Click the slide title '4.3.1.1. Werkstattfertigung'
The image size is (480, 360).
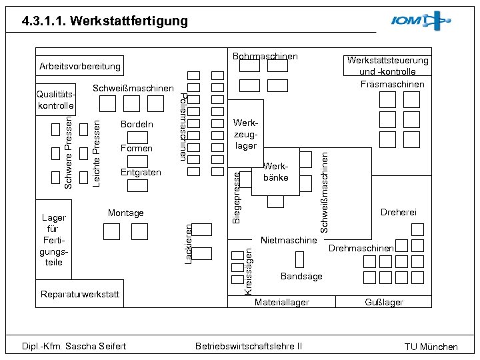pos(105,21)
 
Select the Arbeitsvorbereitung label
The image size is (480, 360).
pos(80,66)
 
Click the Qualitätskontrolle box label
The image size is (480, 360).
pos(55,100)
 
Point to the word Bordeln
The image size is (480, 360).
pos(137,124)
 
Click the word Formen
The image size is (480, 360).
pos(137,148)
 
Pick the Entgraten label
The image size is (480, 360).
pos(141,172)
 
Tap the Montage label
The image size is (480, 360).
pos(125,213)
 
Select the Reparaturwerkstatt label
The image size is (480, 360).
pos(80,294)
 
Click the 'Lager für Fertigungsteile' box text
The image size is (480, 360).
pos(53,240)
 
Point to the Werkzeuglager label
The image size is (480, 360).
pos(246,135)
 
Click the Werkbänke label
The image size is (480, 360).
pos(275,171)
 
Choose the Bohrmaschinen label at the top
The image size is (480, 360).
pos(265,57)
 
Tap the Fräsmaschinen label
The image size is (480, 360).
pos(392,84)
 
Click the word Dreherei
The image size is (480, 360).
pos(398,212)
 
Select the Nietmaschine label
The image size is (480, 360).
pos(289,240)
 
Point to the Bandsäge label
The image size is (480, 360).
pos(301,276)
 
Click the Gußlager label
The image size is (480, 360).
pos(384,302)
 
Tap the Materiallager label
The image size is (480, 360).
pos(282,302)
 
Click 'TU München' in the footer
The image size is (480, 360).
pos(431,347)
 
